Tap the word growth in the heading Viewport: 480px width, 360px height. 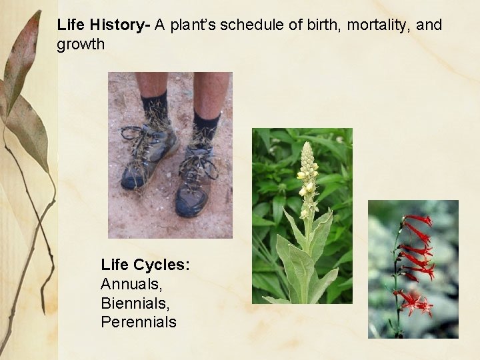pos(81,45)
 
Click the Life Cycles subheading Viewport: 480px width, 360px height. pos(145,265)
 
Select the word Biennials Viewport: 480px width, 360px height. pos(134,303)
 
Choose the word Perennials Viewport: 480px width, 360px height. pos(139,323)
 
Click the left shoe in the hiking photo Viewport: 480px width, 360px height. pos(148,157)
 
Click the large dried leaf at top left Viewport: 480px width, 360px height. pos(23,60)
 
